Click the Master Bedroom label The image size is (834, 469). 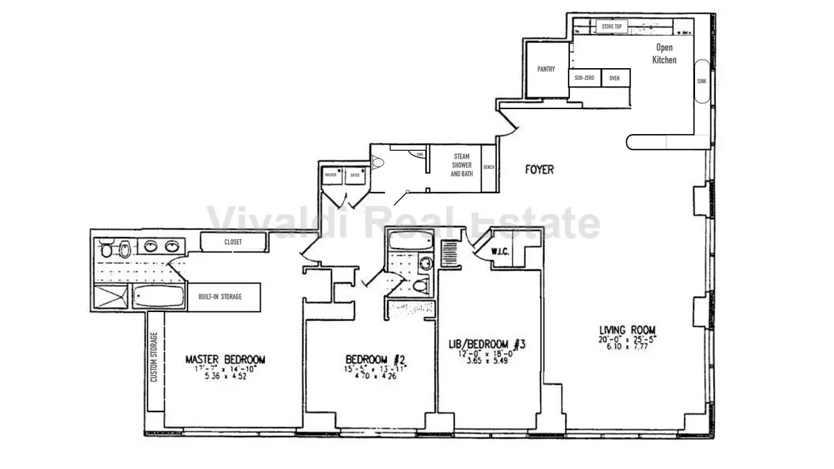point(225,359)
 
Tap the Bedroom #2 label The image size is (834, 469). point(375,359)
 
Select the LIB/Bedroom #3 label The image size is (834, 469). point(486,344)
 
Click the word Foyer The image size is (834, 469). point(539,169)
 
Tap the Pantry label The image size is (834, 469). point(546,69)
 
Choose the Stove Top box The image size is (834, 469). point(612,26)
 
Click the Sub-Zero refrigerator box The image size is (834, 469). point(584,78)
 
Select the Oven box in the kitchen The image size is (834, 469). point(614,78)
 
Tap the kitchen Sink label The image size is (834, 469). point(701,81)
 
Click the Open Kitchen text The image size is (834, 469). point(665,54)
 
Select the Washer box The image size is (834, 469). point(330,175)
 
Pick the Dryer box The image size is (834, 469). point(354,175)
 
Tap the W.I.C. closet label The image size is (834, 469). point(500,251)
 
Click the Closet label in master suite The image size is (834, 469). point(233,242)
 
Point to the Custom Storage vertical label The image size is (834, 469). point(154,357)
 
